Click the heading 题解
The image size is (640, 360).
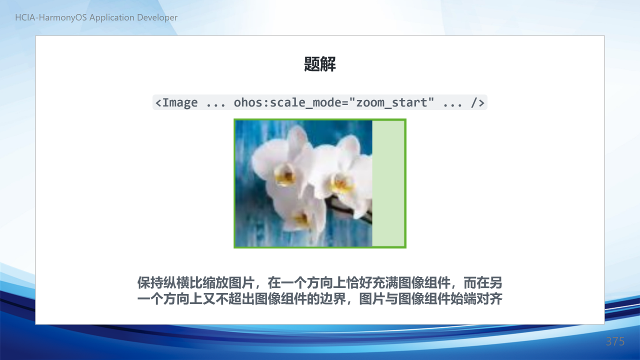pos(319,64)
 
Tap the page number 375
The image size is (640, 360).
pos(615,341)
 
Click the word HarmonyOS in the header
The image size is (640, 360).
pos(62,17)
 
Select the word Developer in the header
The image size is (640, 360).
pos(157,17)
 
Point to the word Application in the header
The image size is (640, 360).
pos(111,17)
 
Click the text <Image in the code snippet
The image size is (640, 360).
pos(176,102)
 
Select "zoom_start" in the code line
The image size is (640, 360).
pos(391,102)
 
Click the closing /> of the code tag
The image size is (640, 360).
pos(477,102)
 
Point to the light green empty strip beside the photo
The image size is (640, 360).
pos(388,183)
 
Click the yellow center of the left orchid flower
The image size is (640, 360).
pos(285,174)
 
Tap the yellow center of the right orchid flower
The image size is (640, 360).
pos(341,183)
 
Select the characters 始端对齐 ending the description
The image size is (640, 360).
pos(476,299)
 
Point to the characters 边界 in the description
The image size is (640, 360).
pos(333,299)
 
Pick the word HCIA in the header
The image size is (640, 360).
pos(25,17)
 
